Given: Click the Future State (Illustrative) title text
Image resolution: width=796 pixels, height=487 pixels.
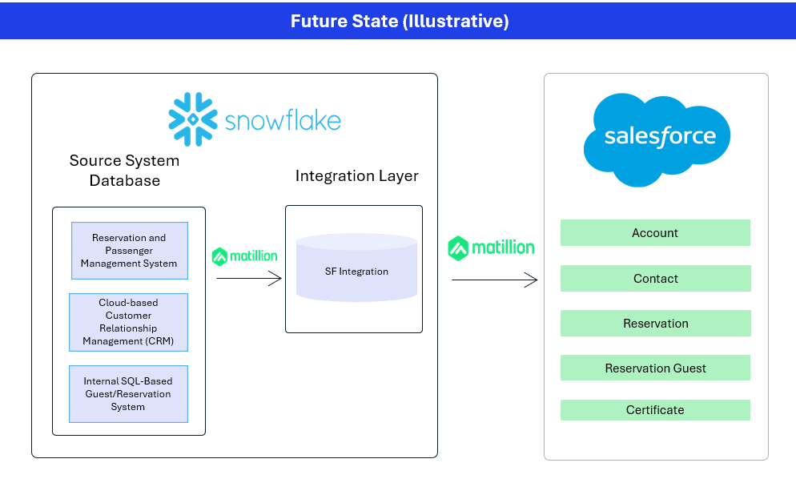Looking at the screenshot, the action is click(x=400, y=21).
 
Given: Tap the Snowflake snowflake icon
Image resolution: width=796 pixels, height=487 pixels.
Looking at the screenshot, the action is click(x=193, y=119).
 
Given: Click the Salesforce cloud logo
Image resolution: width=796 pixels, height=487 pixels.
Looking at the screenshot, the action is click(x=657, y=139).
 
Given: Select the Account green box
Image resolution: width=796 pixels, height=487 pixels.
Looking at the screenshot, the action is click(x=655, y=232).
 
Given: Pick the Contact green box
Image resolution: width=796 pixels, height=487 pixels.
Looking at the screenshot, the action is click(x=655, y=278).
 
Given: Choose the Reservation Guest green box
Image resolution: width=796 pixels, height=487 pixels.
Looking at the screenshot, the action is click(x=655, y=368).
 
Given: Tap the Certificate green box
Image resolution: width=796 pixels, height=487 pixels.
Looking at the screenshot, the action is click(x=655, y=410).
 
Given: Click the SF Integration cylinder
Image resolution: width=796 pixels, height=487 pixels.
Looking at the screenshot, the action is click(x=357, y=268).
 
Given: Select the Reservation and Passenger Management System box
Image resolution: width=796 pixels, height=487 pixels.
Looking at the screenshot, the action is click(x=130, y=251).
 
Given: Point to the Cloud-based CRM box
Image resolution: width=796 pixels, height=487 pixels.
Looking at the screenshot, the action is click(x=128, y=323).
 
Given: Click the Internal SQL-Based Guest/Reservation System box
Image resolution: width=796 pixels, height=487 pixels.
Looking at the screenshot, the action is click(x=128, y=394).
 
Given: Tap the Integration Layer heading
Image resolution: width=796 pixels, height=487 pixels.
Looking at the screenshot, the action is click(x=357, y=175).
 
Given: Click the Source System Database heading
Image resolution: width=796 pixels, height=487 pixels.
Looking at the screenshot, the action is click(x=124, y=170).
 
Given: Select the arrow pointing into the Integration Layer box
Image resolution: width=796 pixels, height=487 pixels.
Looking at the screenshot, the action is click(x=249, y=278).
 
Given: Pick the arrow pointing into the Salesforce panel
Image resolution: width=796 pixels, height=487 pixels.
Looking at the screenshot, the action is click(x=494, y=280).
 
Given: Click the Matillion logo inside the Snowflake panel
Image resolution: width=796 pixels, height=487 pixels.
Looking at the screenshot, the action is click(x=245, y=256).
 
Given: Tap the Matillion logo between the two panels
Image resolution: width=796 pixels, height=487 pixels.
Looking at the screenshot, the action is click(x=491, y=248).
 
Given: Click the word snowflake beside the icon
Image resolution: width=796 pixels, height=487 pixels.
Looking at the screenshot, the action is click(x=283, y=120).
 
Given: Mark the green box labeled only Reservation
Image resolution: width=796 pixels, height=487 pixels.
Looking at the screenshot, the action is click(x=655, y=323).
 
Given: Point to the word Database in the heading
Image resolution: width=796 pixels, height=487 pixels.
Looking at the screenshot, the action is click(x=125, y=181).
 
